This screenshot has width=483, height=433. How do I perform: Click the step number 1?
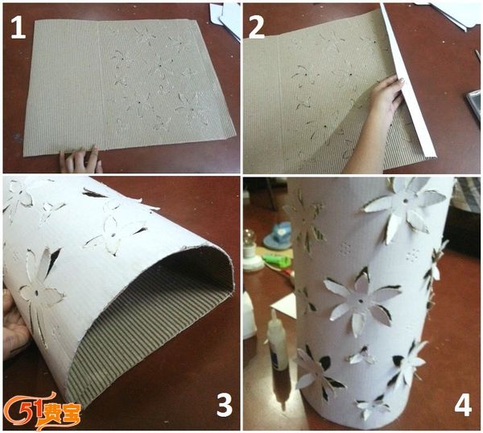click(18, 27)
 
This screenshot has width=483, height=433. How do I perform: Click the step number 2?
click(257, 27)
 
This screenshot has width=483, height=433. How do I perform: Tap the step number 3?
click(225, 406)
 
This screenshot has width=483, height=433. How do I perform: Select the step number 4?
click(463, 405)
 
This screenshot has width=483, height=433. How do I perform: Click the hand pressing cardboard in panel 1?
click(80, 160)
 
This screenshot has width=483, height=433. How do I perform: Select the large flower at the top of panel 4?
click(404, 206)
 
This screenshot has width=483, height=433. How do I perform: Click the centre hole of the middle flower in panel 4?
click(360, 300)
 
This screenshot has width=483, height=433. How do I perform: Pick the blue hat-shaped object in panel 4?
click(277, 236)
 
